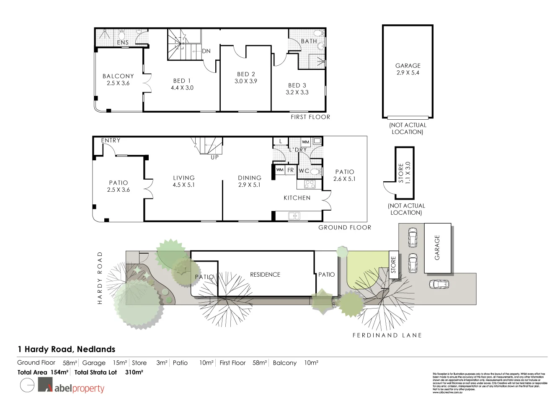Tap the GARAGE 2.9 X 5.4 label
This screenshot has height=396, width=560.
coord(408,69)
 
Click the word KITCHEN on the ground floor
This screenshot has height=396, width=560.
coord(297,198)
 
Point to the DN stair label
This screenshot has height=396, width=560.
coord(206,51)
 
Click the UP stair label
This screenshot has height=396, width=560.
coord(214,158)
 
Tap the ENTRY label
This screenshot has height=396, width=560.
coord(111,141)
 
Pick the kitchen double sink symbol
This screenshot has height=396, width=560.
coord(294,216)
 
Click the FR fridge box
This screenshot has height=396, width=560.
coord(290,170)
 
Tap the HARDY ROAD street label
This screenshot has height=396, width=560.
coord(100,278)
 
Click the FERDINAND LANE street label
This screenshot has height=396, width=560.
coord(387,335)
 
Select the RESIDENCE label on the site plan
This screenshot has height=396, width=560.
coord(265,275)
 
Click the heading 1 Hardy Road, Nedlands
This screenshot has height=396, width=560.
coord(66,349)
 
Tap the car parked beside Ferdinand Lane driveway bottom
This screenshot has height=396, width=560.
coord(439,284)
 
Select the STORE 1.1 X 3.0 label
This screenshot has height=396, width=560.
coord(405,172)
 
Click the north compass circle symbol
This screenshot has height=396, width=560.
coord(27,385)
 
